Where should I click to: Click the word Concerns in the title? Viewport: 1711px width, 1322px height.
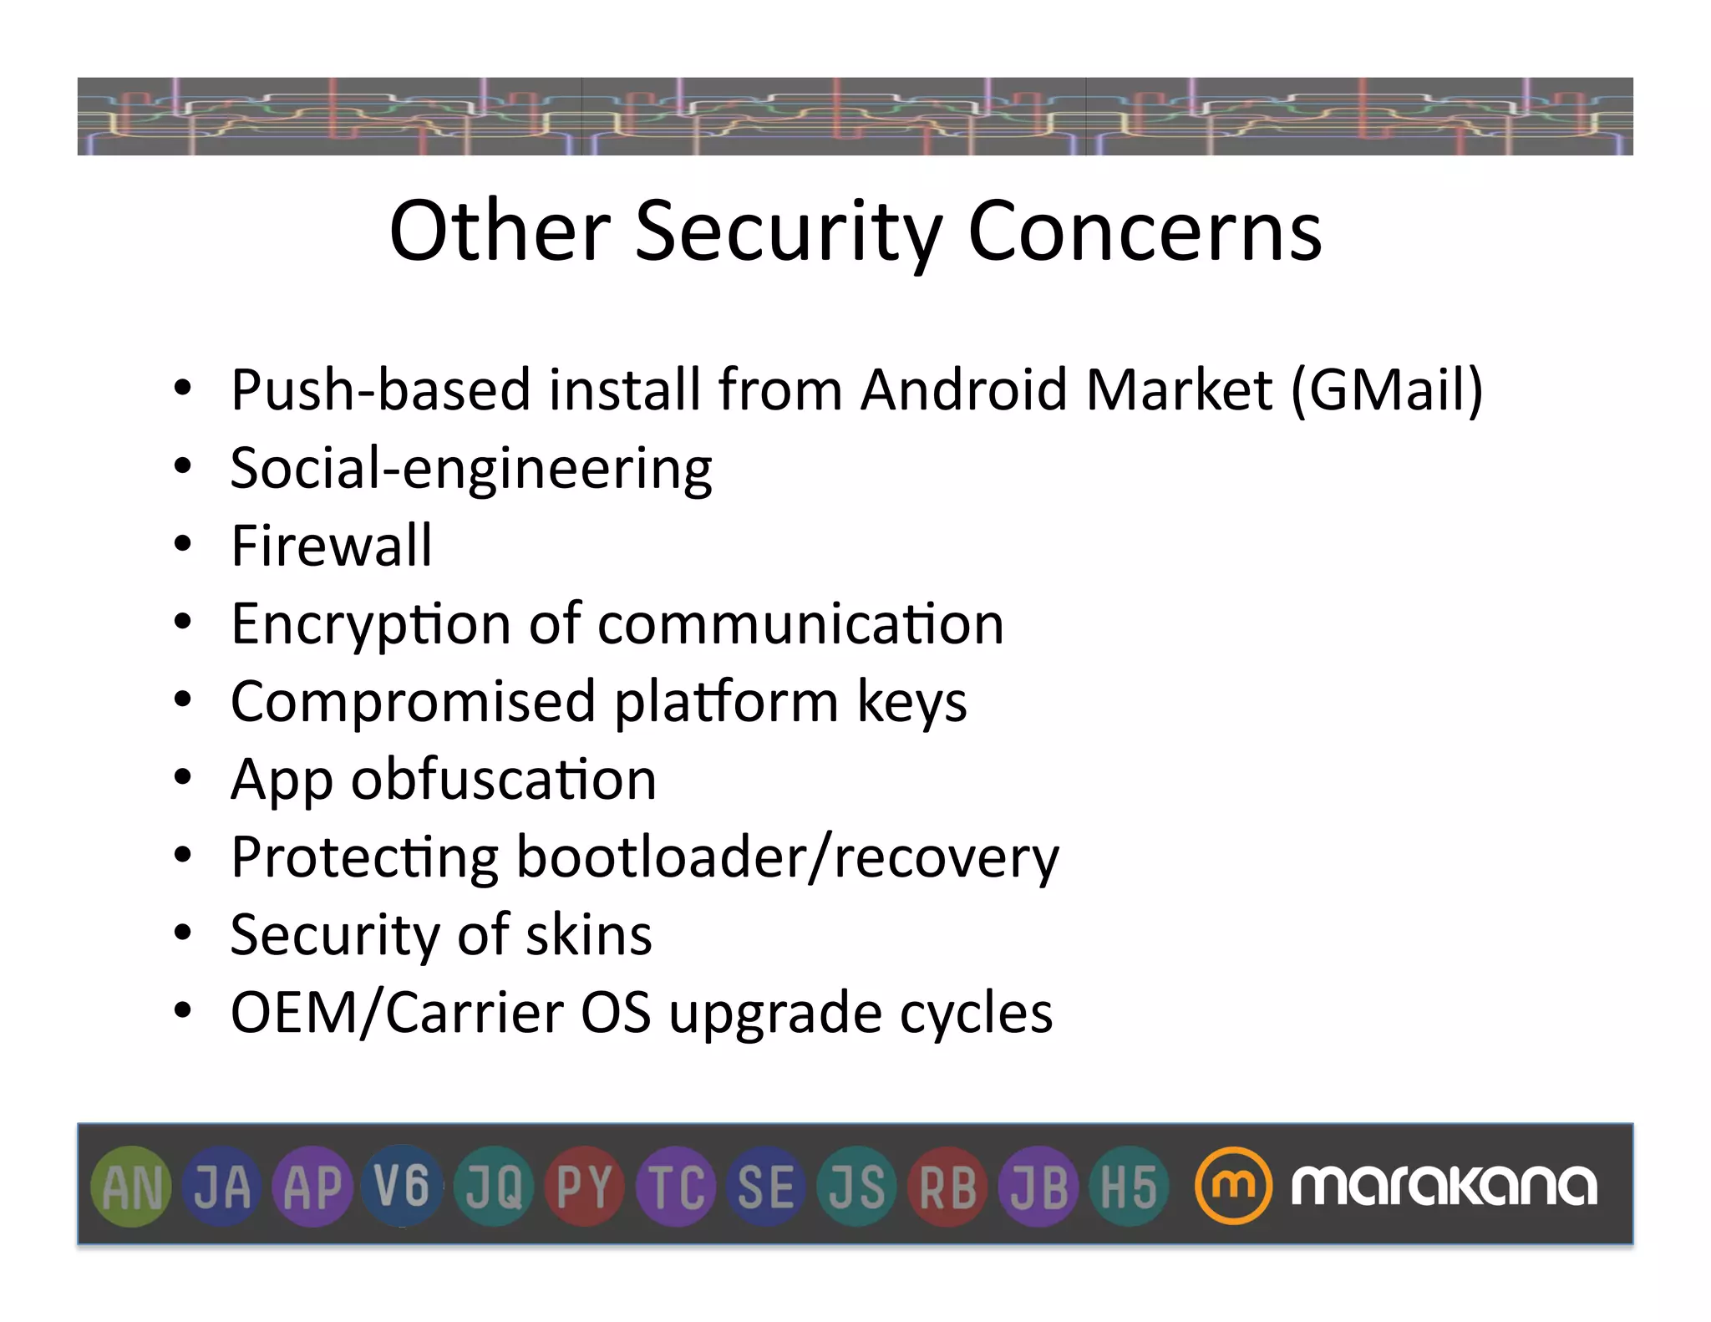click(x=1145, y=231)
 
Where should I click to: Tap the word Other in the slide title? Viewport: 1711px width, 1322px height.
click(x=500, y=231)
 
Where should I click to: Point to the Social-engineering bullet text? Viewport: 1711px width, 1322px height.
click(x=471, y=469)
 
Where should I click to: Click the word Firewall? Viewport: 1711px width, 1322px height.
click(x=332, y=546)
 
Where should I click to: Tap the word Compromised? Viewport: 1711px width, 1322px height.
click(x=413, y=702)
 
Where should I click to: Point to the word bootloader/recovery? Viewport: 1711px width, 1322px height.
click(x=787, y=858)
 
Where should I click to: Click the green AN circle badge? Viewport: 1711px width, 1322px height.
click(x=131, y=1187)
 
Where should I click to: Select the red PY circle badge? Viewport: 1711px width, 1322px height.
click(x=584, y=1187)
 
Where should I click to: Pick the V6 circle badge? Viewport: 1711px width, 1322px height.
click(x=402, y=1187)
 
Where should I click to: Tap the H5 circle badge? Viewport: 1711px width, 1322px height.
click(x=1128, y=1187)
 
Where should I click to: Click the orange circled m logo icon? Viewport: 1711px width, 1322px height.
click(x=1232, y=1185)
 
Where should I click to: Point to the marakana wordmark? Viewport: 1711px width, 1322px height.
click(x=1444, y=1185)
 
